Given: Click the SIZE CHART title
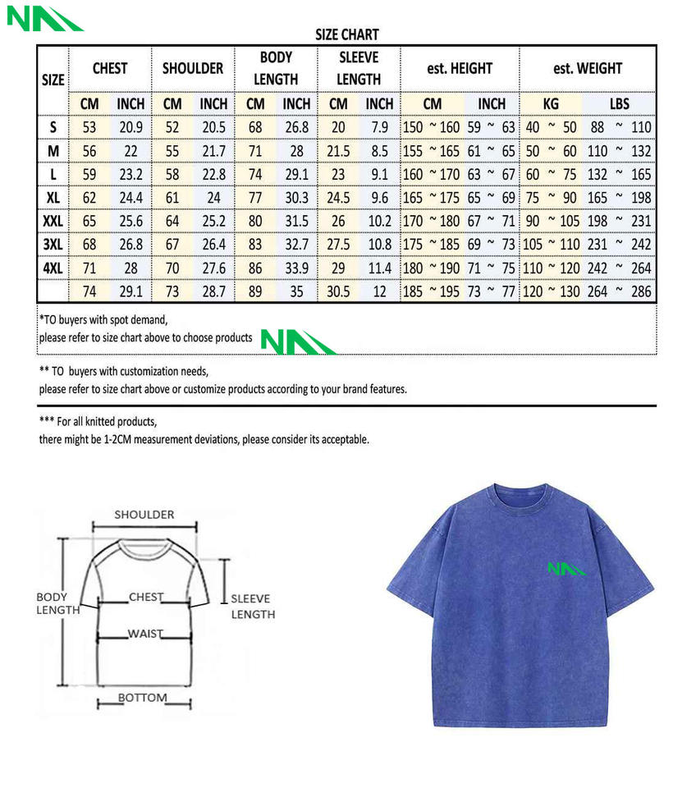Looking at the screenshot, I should [347, 34].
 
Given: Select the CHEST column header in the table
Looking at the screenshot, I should [110, 69].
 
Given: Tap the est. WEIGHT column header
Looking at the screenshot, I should [588, 69].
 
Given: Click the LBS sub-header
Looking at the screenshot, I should [619, 104].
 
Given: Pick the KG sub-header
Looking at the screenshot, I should [552, 104].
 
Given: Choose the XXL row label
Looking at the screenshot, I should [53, 222].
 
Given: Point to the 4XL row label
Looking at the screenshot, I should [53, 268].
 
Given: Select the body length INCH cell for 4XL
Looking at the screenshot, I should [296, 268].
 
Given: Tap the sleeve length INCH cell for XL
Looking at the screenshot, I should [379, 198].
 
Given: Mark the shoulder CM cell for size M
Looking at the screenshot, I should [172, 151].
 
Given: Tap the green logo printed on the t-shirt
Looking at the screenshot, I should [567, 567].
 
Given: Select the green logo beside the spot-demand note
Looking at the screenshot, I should [297, 341].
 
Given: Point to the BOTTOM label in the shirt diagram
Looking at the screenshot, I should [142, 698].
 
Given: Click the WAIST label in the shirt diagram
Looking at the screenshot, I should [145, 634].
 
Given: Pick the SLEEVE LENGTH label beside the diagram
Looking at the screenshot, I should [252, 607].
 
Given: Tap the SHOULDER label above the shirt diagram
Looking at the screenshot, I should [144, 515].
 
